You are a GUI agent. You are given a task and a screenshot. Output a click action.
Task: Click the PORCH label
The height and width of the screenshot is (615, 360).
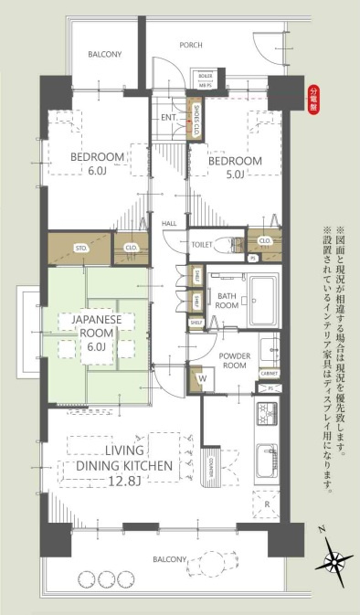pyautogui.click(x=190, y=44)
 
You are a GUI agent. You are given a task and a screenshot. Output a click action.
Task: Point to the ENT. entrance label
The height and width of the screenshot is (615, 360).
pyautogui.click(x=169, y=118)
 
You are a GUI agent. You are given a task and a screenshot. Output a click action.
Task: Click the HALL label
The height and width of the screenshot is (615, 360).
pyautogui.click(x=170, y=223)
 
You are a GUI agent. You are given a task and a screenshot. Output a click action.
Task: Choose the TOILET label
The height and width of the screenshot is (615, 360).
pyautogui.click(x=202, y=245)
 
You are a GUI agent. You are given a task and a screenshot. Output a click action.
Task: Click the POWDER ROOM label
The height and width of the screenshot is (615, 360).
pyautogui.click(x=224, y=334)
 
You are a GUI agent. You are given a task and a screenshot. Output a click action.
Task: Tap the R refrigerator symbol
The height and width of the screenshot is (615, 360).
pyautogui.click(x=265, y=504)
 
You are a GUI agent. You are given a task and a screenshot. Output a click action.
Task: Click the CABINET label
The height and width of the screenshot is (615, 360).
pyautogui.click(x=268, y=372)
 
